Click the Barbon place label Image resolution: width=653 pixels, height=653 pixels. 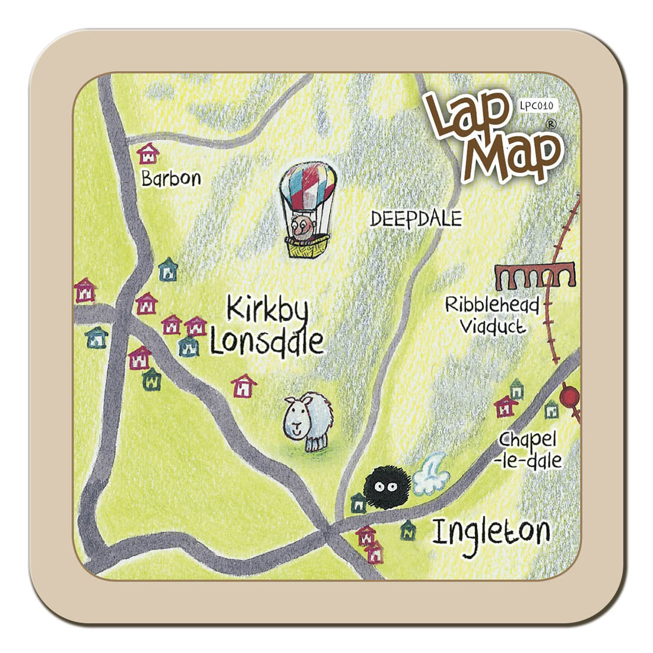tap(171, 178)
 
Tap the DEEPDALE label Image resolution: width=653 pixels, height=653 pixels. tap(416, 219)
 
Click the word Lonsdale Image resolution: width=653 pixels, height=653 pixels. tap(267, 343)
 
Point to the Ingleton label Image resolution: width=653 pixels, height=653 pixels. tap(490, 531)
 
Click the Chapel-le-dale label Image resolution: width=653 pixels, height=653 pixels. tap(530, 450)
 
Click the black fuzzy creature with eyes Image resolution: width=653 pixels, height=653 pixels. tap(386, 487)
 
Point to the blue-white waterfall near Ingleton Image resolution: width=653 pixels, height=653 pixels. tap(430, 475)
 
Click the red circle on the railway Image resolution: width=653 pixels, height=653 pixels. tap(571, 396)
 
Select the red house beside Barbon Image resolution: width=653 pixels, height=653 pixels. tap(148, 154)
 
